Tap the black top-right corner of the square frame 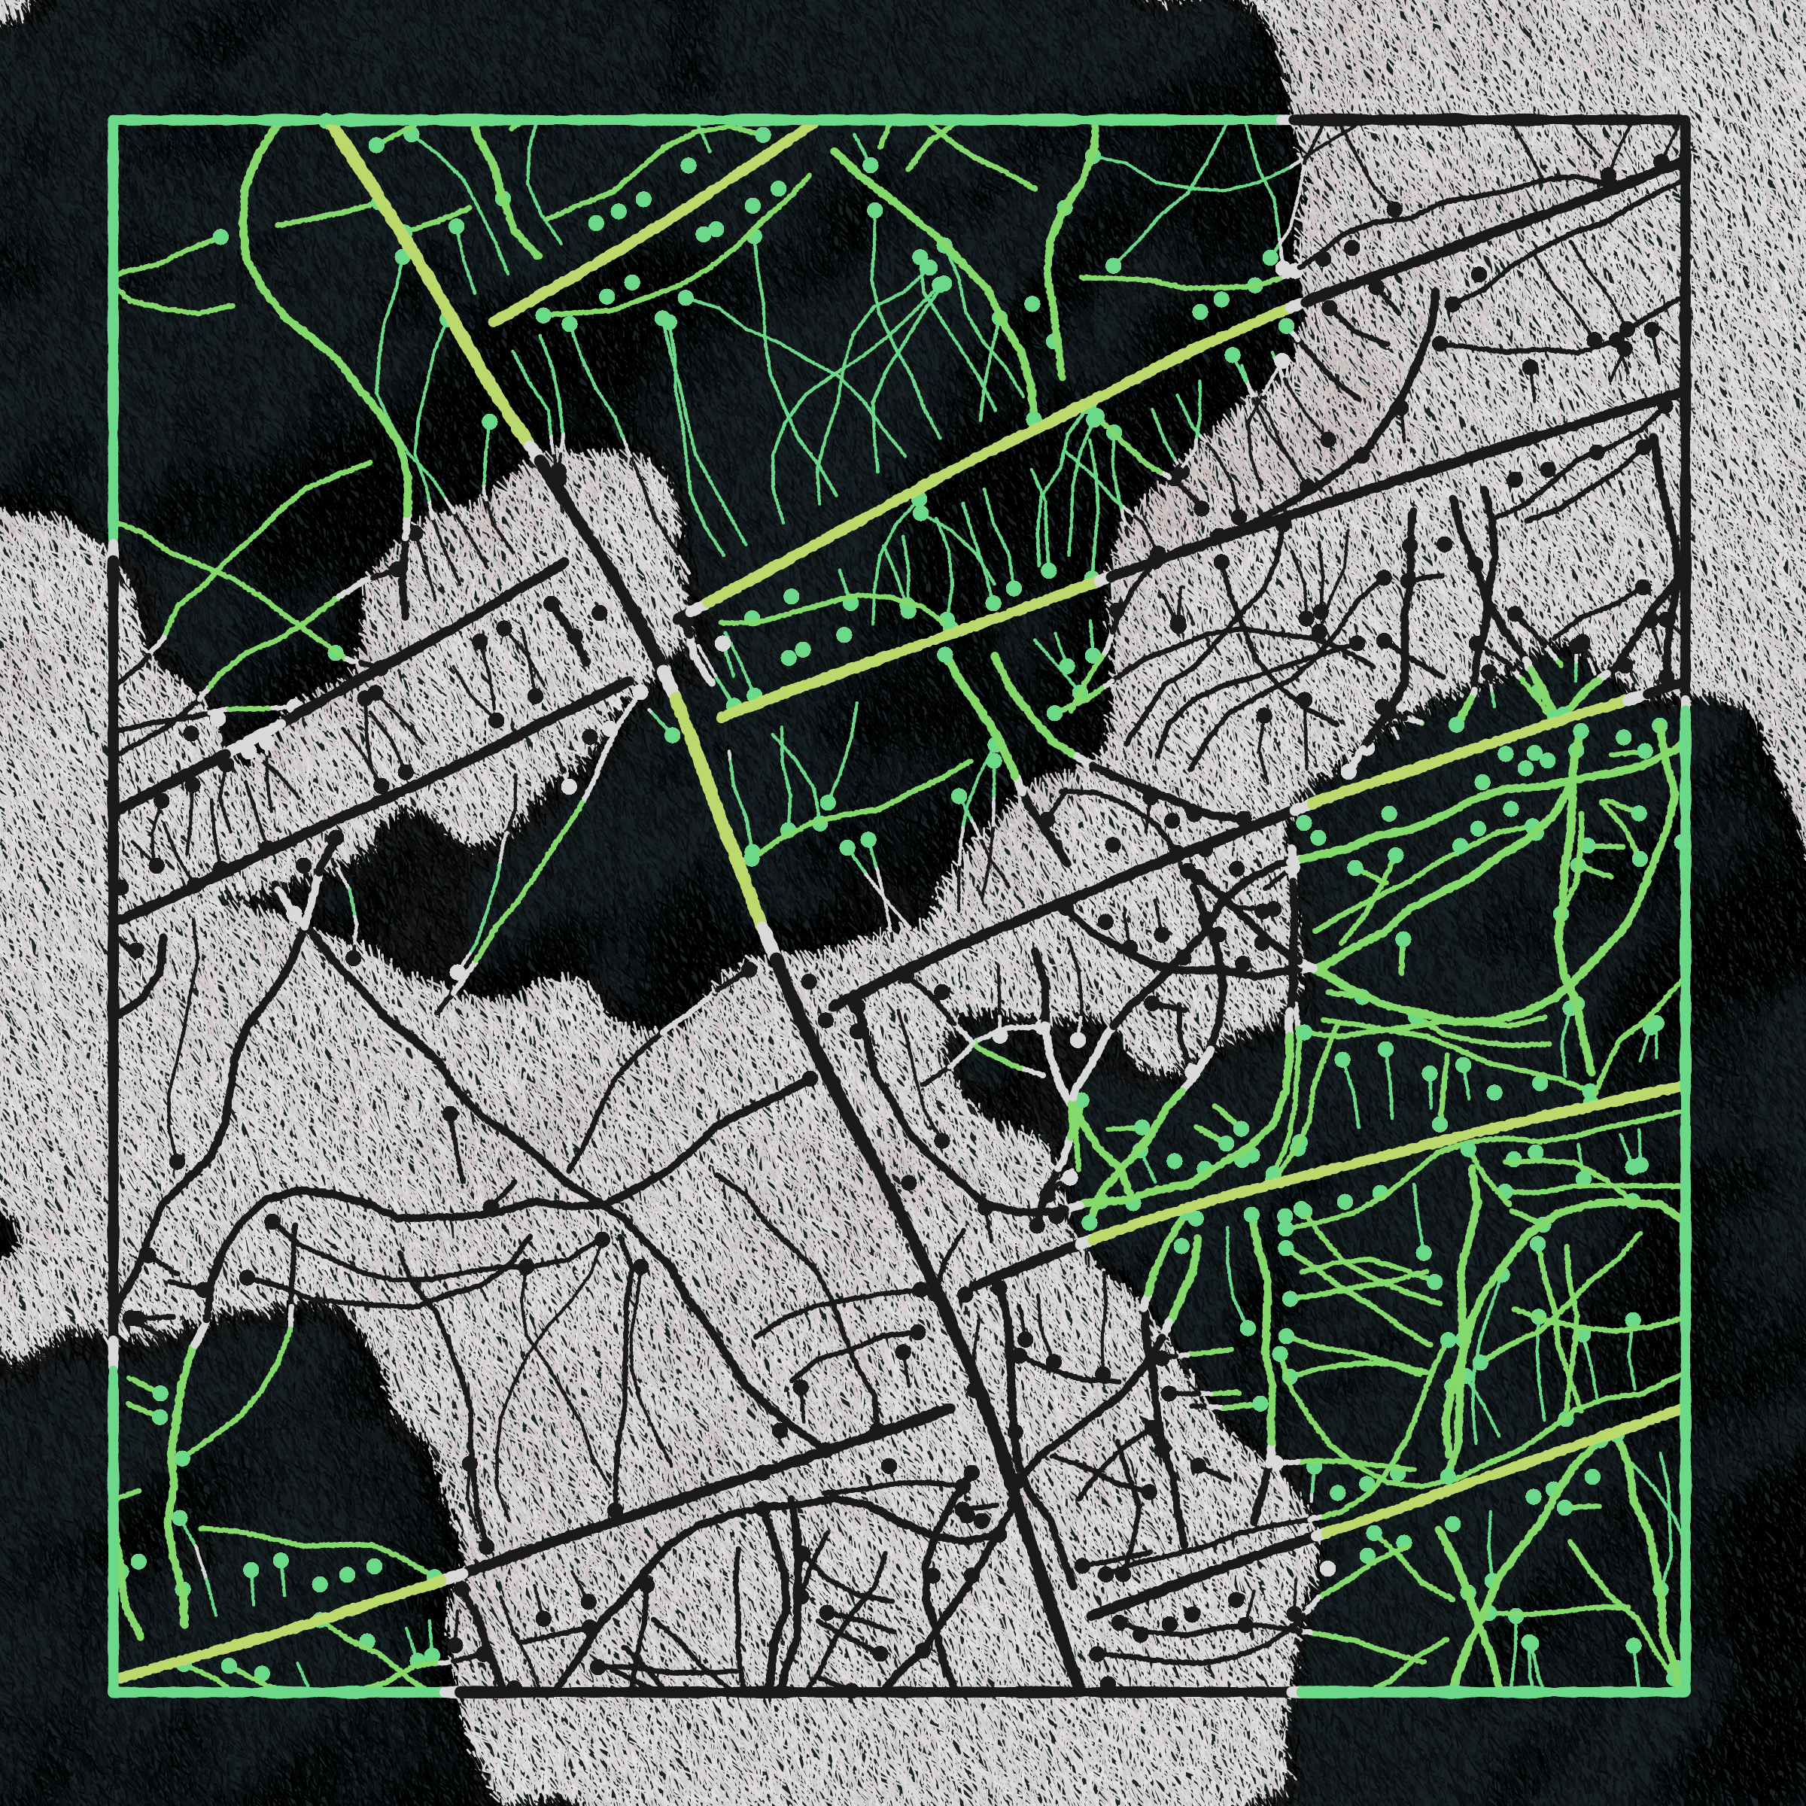pos(1683,120)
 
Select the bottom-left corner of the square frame pos(112,1691)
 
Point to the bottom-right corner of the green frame pos(1683,1691)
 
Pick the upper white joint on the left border pos(112,548)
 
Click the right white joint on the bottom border pos(1292,1691)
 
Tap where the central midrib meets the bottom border pos(1083,1691)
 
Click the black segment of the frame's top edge pos(1486,120)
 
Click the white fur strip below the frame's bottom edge pos(869,1748)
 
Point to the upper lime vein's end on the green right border pos(1683,1085)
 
